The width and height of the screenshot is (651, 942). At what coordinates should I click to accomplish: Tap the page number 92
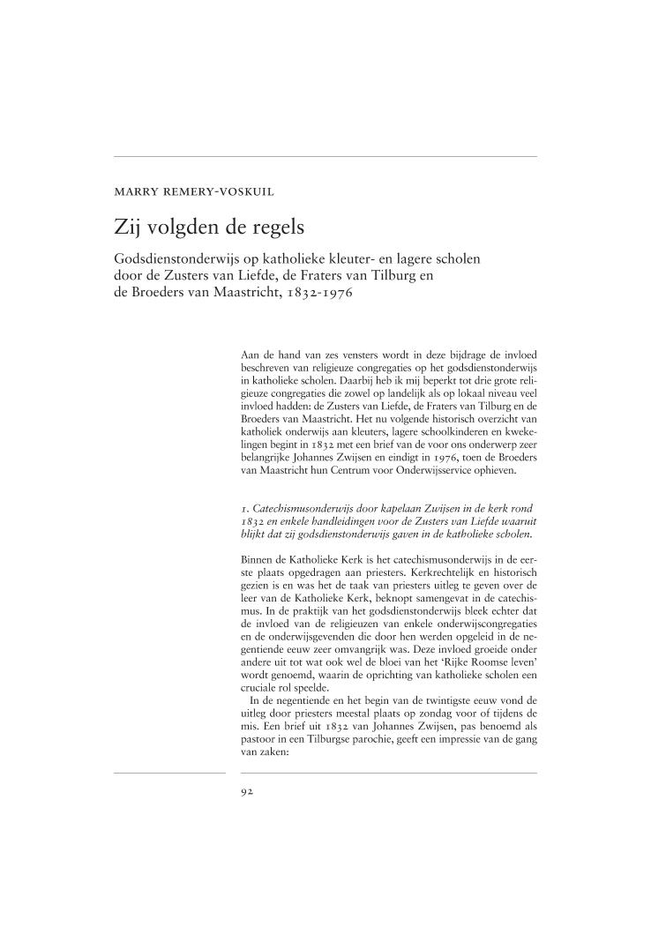[x=247, y=791]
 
